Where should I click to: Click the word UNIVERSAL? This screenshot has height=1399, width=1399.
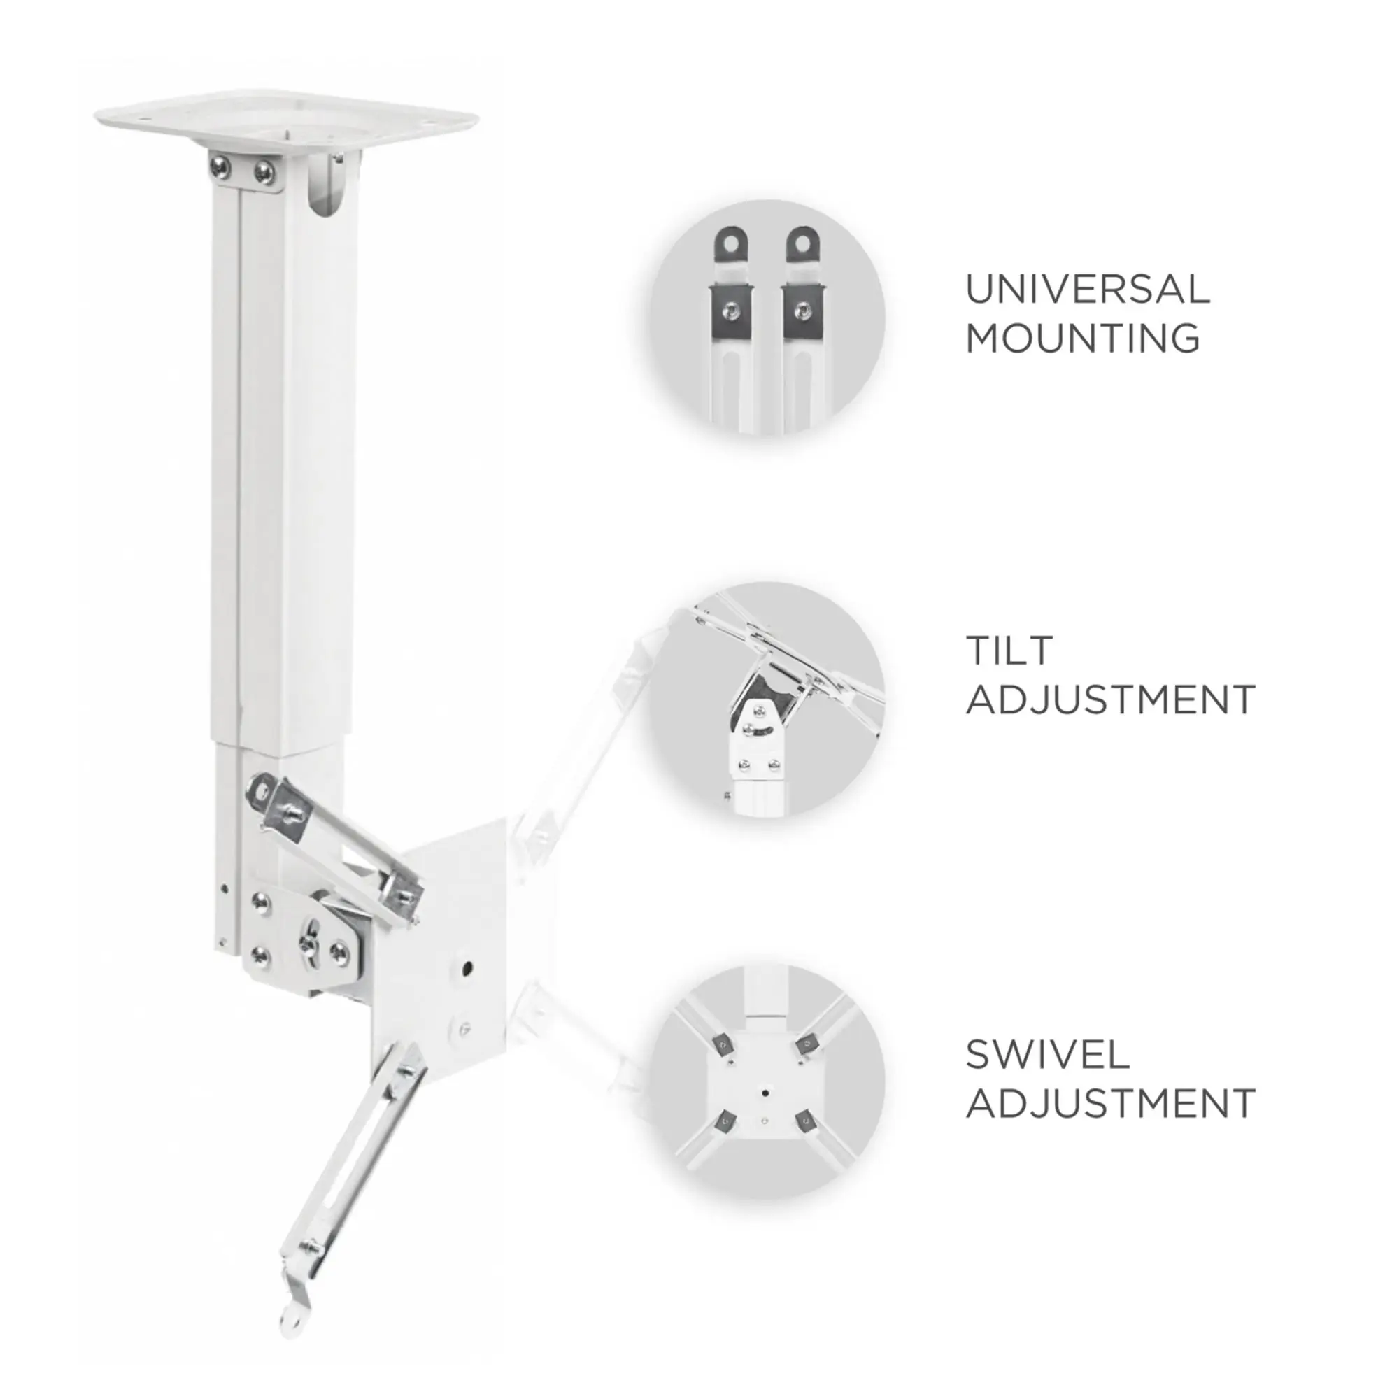click(x=1088, y=289)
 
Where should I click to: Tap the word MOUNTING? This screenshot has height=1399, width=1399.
click(x=1083, y=338)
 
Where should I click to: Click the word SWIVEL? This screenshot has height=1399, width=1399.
click(x=1047, y=1054)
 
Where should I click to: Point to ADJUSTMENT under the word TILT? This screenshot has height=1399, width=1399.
click(x=1110, y=699)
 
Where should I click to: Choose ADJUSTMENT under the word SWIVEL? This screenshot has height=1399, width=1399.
click(x=1110, y=1104)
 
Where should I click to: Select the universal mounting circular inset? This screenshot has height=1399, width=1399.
click(x=767, y=318)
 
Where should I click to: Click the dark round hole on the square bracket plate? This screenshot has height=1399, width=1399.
click(x=467, y=967)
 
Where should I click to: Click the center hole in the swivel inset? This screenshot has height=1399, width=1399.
click(x=765, y=1088)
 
